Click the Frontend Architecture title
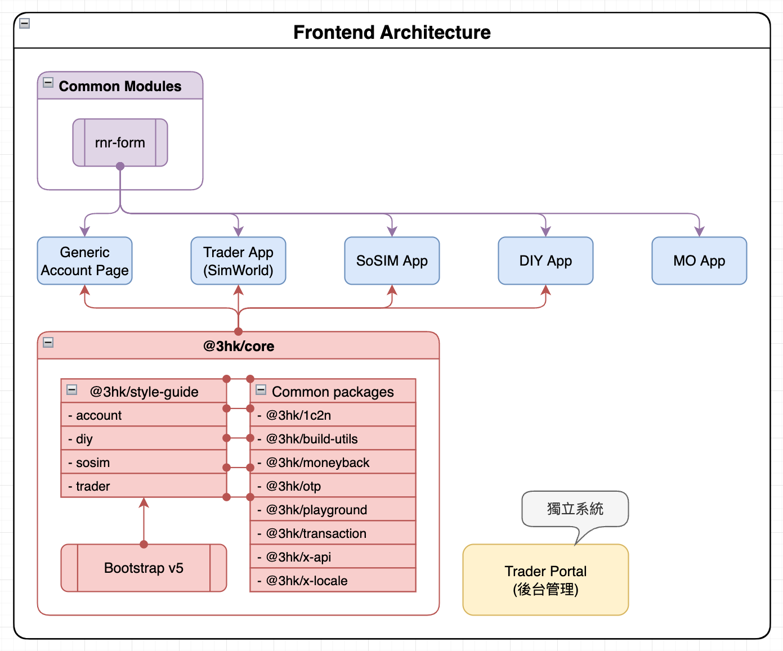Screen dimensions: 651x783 392,33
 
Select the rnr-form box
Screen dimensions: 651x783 120,143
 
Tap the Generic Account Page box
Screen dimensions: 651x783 84,261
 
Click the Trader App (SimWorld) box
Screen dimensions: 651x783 238,261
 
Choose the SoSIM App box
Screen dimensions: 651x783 392,261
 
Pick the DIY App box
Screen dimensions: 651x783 545,261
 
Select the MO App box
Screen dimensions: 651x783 699,261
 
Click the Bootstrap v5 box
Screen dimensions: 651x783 144,568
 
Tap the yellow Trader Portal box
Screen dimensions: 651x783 545,580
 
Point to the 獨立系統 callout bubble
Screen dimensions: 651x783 575,509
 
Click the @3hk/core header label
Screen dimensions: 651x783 239,346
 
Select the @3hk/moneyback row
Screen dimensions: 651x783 333,463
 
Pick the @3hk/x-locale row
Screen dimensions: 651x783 333,581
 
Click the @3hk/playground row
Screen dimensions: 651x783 333,510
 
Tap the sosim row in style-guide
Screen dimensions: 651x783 144,463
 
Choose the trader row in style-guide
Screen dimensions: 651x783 144,486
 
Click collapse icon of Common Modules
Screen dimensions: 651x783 48,83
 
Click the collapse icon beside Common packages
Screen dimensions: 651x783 261,390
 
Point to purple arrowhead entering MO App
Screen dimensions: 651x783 699,231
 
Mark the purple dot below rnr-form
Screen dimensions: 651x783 120,167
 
